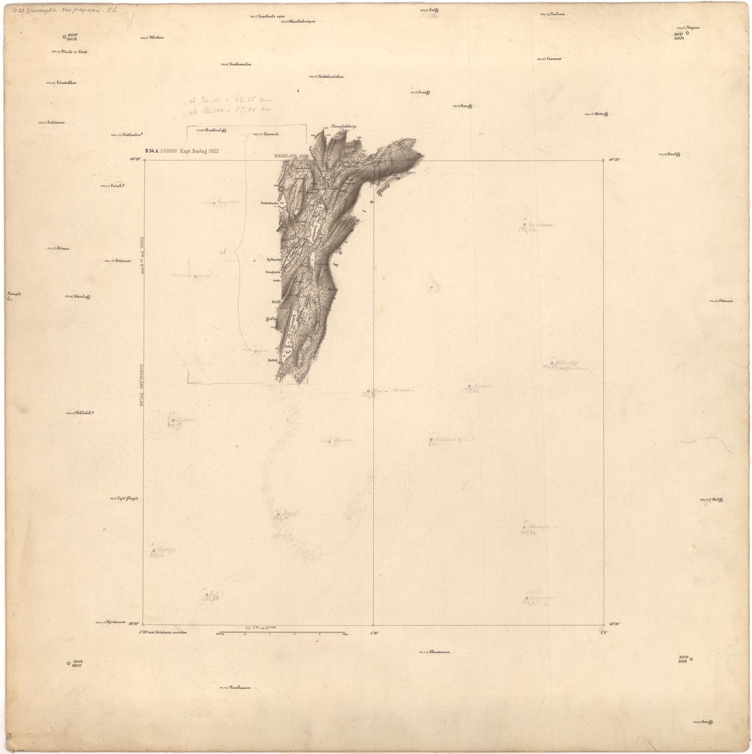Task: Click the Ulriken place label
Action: (x=156, y=37)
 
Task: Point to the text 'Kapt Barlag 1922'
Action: (x=199, y=151)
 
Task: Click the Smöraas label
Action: (x=122, y=261)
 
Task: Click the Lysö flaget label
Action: (x=128, y=498)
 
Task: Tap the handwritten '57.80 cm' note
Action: (x=255, y=109)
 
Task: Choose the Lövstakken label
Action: (x=66, y=82)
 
